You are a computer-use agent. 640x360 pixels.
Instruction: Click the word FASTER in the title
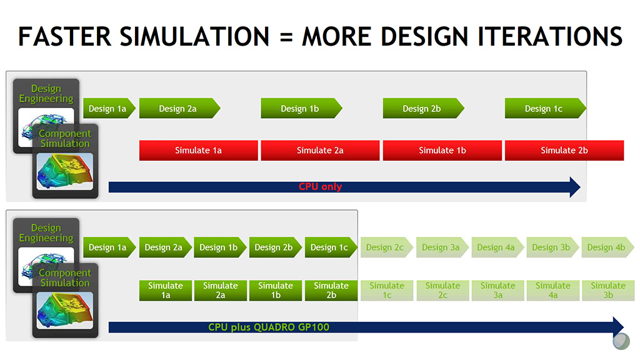tap(64, 36)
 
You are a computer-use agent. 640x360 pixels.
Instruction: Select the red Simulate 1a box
tap(198, 150)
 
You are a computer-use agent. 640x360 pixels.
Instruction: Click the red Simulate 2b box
tap(564, 150)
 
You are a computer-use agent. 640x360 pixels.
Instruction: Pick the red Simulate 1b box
tap(442, 150)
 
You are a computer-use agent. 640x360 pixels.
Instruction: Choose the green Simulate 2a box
tap(221, 290)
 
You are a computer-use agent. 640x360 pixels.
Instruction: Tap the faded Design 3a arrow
tap(442, 247)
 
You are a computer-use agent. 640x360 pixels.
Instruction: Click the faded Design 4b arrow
tap(607, 247)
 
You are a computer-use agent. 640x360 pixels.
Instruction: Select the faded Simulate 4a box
tap(552, 290)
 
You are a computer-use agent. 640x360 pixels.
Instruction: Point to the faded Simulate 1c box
tap(387, 290)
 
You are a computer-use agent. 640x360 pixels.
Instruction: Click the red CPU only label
tap(321, 186)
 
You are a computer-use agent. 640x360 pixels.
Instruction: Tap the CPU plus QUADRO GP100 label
tap(269, 327)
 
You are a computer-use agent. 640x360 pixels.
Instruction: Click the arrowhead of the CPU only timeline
tap(575, 187)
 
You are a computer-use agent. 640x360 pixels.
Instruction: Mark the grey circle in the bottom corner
tap(621, 341)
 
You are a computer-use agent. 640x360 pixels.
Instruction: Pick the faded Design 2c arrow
tap(386, 247)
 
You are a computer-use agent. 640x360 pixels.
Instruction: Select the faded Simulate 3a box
tap(497, 290)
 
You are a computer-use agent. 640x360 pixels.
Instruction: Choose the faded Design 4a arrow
tap(497, 247)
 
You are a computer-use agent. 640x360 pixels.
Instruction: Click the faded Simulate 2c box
tap(442, 290)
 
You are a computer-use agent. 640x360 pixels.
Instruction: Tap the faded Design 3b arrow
tap(552, 247)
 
